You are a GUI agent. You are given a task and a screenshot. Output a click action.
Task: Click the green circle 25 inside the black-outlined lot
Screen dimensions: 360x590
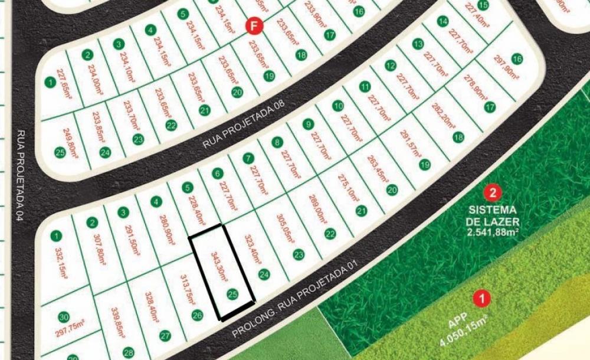point(232,293)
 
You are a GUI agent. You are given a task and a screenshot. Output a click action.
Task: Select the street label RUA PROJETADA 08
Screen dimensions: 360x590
point(244,125)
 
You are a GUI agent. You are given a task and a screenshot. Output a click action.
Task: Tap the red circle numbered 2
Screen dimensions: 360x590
point(493,192)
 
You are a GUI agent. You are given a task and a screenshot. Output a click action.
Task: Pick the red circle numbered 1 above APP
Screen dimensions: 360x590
point(483,299)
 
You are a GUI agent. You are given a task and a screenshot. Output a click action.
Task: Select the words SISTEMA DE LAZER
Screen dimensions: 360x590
point(493,216)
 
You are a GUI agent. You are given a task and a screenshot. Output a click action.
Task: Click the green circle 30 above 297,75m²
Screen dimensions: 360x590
point(64,316)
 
